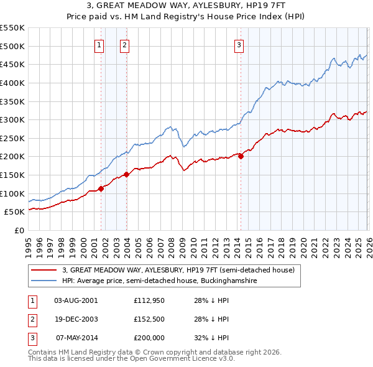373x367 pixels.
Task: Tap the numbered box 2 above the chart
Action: click(x=124, y=44)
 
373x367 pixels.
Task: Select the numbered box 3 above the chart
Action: click(x=239, y=44)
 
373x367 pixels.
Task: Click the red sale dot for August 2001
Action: click(x=101, y=188)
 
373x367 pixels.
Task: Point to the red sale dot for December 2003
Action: click(x=126, y=174)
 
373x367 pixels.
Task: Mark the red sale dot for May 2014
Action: click(x=241, y=157)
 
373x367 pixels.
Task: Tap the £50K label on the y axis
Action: click(x=15, y=212)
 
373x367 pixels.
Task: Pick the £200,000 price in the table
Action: click(x=149, y=338)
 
